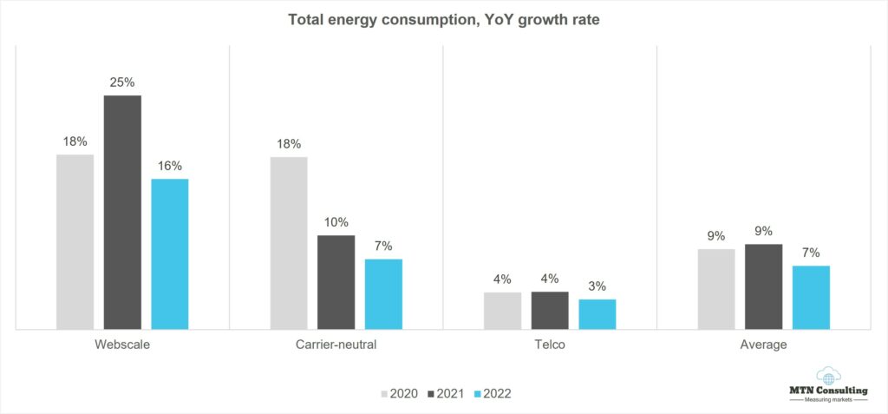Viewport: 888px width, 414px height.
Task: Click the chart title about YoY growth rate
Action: pyautogui.click(x=443, y=20)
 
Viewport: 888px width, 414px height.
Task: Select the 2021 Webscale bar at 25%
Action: pyautogui.click(x=122, y=212)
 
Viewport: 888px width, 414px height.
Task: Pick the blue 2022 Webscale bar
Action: pyautogui.click(x=170, y=253)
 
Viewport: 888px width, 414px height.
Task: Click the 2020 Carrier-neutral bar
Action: pyautogui.click(x=289, y=243)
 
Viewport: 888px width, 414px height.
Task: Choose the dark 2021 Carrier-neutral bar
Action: pyautogui.click(x=336, y=282)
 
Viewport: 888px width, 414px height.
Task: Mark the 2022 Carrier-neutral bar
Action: pyautogui.click(x=383, y=294)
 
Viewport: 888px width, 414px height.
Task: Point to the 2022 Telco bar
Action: pyautogui.click(x=597, y=314)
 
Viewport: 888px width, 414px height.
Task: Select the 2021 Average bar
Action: pyautogui.click(x=764, y=286)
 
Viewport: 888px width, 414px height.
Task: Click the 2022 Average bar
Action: pyautogui.click(x=811, y=297)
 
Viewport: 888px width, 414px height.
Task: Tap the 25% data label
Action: pyautogui.click(x=122, y=82)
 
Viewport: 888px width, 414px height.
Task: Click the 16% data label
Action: pyautogui.click(x=170, y=166)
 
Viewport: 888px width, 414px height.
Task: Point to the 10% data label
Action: pyautogui.click(x=336, y=222)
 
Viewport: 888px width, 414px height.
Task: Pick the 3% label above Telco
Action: pyautogui.click(x=597, y=286)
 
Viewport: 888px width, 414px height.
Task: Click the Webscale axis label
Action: pyautogui.click(x=122, y=345)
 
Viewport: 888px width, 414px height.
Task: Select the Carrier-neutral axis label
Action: pyautogui.click(x=336, y=345)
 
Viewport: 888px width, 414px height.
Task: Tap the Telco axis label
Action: pyautogui.click(x=550, y=345)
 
